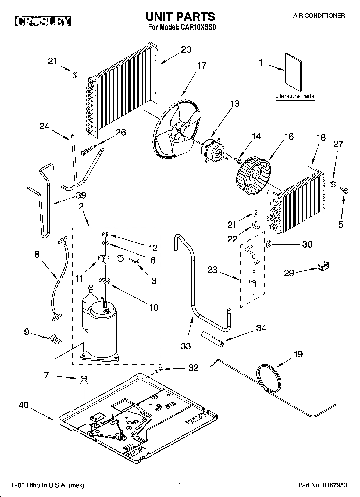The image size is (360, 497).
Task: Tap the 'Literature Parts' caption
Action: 295,96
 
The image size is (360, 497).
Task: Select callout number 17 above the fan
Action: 202,66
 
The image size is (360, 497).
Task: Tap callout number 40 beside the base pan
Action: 24,405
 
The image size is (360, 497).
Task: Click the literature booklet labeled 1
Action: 293,72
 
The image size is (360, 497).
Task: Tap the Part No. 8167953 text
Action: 322,485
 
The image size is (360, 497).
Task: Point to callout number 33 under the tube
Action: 186,346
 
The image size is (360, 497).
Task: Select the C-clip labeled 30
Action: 268,244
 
